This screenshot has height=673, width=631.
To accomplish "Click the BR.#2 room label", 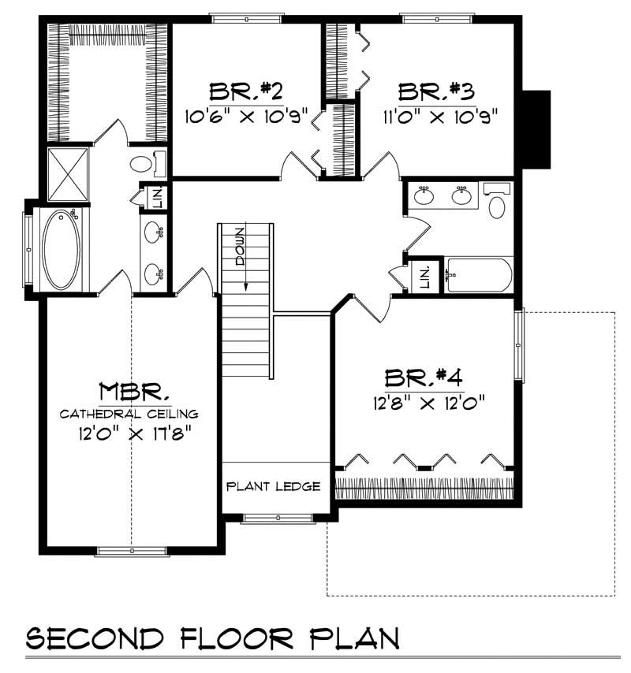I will pos(245,91).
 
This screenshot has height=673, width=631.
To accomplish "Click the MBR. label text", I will pos(135,392).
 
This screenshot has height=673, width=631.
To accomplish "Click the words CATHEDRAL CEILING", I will pos(130,413).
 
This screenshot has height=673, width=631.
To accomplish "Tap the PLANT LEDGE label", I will pos(274,486).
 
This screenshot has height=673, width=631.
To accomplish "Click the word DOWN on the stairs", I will pos(239,247).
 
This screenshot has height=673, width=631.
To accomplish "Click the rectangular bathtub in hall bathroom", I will pos(477,274).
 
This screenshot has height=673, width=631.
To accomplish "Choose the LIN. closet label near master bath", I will pos(156,198).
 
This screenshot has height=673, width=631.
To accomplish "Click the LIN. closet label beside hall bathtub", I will pos(424,276).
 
